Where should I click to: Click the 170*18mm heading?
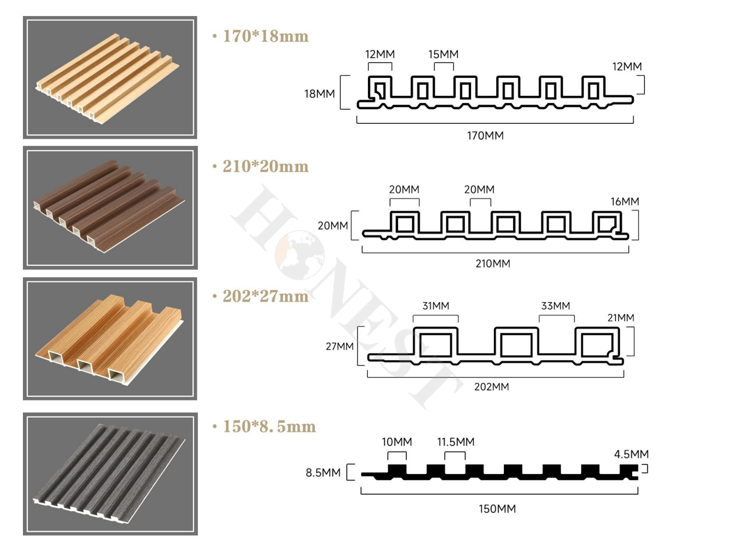coord(265,36)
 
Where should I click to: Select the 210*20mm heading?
coord(265,166)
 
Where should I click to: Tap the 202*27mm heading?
coord(265,296)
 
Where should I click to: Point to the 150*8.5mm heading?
coord(269,426)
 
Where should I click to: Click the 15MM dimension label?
coord(443,54)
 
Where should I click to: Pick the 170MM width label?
coord(485,136)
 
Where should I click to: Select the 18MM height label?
coord(320,94)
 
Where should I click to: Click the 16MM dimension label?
coord(625,201)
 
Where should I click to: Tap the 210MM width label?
coord(493,264)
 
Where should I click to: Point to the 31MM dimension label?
coord(436,306)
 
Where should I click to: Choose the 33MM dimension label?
coord(556,306)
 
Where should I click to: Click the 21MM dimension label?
coord(621,318)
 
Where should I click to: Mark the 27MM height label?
coord(339,346)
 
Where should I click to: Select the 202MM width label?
coord(492,387)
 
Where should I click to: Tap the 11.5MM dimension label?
coord(456,442)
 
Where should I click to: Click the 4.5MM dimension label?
coord(631,454)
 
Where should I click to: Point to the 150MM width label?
coord(497,509)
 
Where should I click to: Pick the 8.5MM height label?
coord(323,473)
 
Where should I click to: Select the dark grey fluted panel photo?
coord(110,474)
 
